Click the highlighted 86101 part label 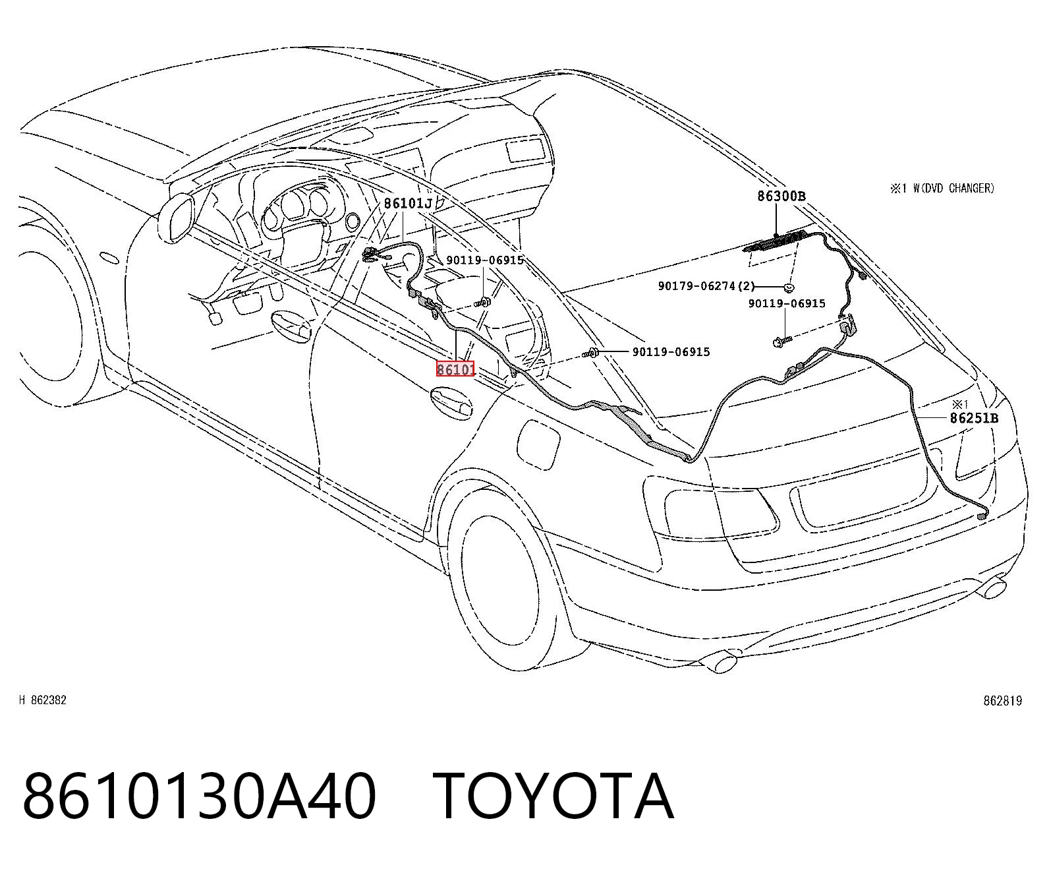pos(455,369)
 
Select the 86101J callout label pos(408,203)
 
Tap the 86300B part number pos(781,196)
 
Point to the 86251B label pos(974,418)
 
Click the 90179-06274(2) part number pos(706,286)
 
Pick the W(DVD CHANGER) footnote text pos(953,188)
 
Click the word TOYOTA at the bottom pos(553,796)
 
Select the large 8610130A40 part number pos(200,796)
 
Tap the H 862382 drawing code pos(43,700)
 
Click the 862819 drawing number pos(1002,700)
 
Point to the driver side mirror pos(176,219)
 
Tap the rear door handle pos(451,402)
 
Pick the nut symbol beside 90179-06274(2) pos(789,287)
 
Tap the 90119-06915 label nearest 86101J pos(485,260)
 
